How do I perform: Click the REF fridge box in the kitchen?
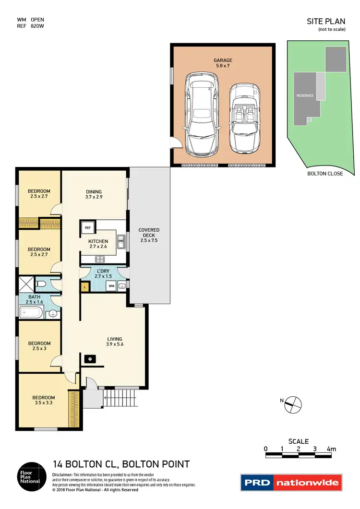pos(87,227)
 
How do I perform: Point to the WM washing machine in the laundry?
pos(111,286)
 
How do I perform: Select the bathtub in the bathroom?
pos(32,314)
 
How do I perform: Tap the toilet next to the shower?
pos(41,284)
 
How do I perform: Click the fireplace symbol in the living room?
pos(89,358)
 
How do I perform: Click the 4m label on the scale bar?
pos(331,449)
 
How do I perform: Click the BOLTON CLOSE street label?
pos(325,174)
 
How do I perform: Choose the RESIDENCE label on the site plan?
pos(305,95)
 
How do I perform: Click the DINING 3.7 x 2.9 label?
pos(94,193)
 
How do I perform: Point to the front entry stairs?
pos(120,397)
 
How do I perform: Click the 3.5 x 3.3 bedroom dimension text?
pos(44,404)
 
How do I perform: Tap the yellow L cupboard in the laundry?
pos(85,286)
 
